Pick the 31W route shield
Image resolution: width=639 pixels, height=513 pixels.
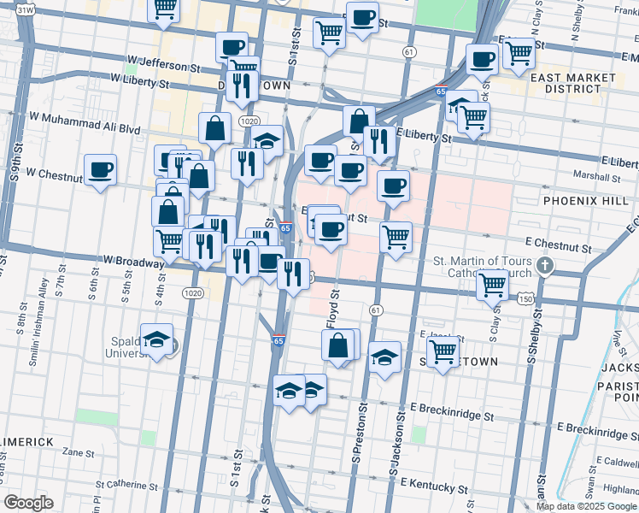26,9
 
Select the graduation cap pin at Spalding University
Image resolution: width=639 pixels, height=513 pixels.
156,340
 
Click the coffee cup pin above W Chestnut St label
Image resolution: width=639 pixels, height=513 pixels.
101,169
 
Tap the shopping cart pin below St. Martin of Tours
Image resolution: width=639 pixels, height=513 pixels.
493,284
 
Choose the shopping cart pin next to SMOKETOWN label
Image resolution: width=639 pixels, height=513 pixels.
443,351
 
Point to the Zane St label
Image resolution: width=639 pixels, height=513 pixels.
78,452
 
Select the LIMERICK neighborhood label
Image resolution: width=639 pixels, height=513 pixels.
26,441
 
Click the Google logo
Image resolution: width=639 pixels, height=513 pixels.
28,503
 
